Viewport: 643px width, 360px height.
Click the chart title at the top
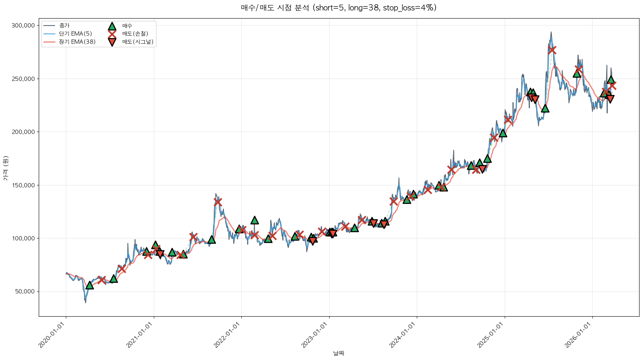(339, 8)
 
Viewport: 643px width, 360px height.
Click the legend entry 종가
(64, 26)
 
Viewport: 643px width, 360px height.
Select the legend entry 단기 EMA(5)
(75, 34)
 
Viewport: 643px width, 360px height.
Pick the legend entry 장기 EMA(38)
(77, 42)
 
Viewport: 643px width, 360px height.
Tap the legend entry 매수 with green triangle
(127, 26)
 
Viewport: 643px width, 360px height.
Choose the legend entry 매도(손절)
(135, 34)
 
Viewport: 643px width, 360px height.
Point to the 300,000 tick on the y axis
(23, 26)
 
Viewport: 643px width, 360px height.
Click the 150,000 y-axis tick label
(23, 185)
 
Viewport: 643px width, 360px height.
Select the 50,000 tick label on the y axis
(25, 291)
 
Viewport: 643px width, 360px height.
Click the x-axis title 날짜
(339, 353)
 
